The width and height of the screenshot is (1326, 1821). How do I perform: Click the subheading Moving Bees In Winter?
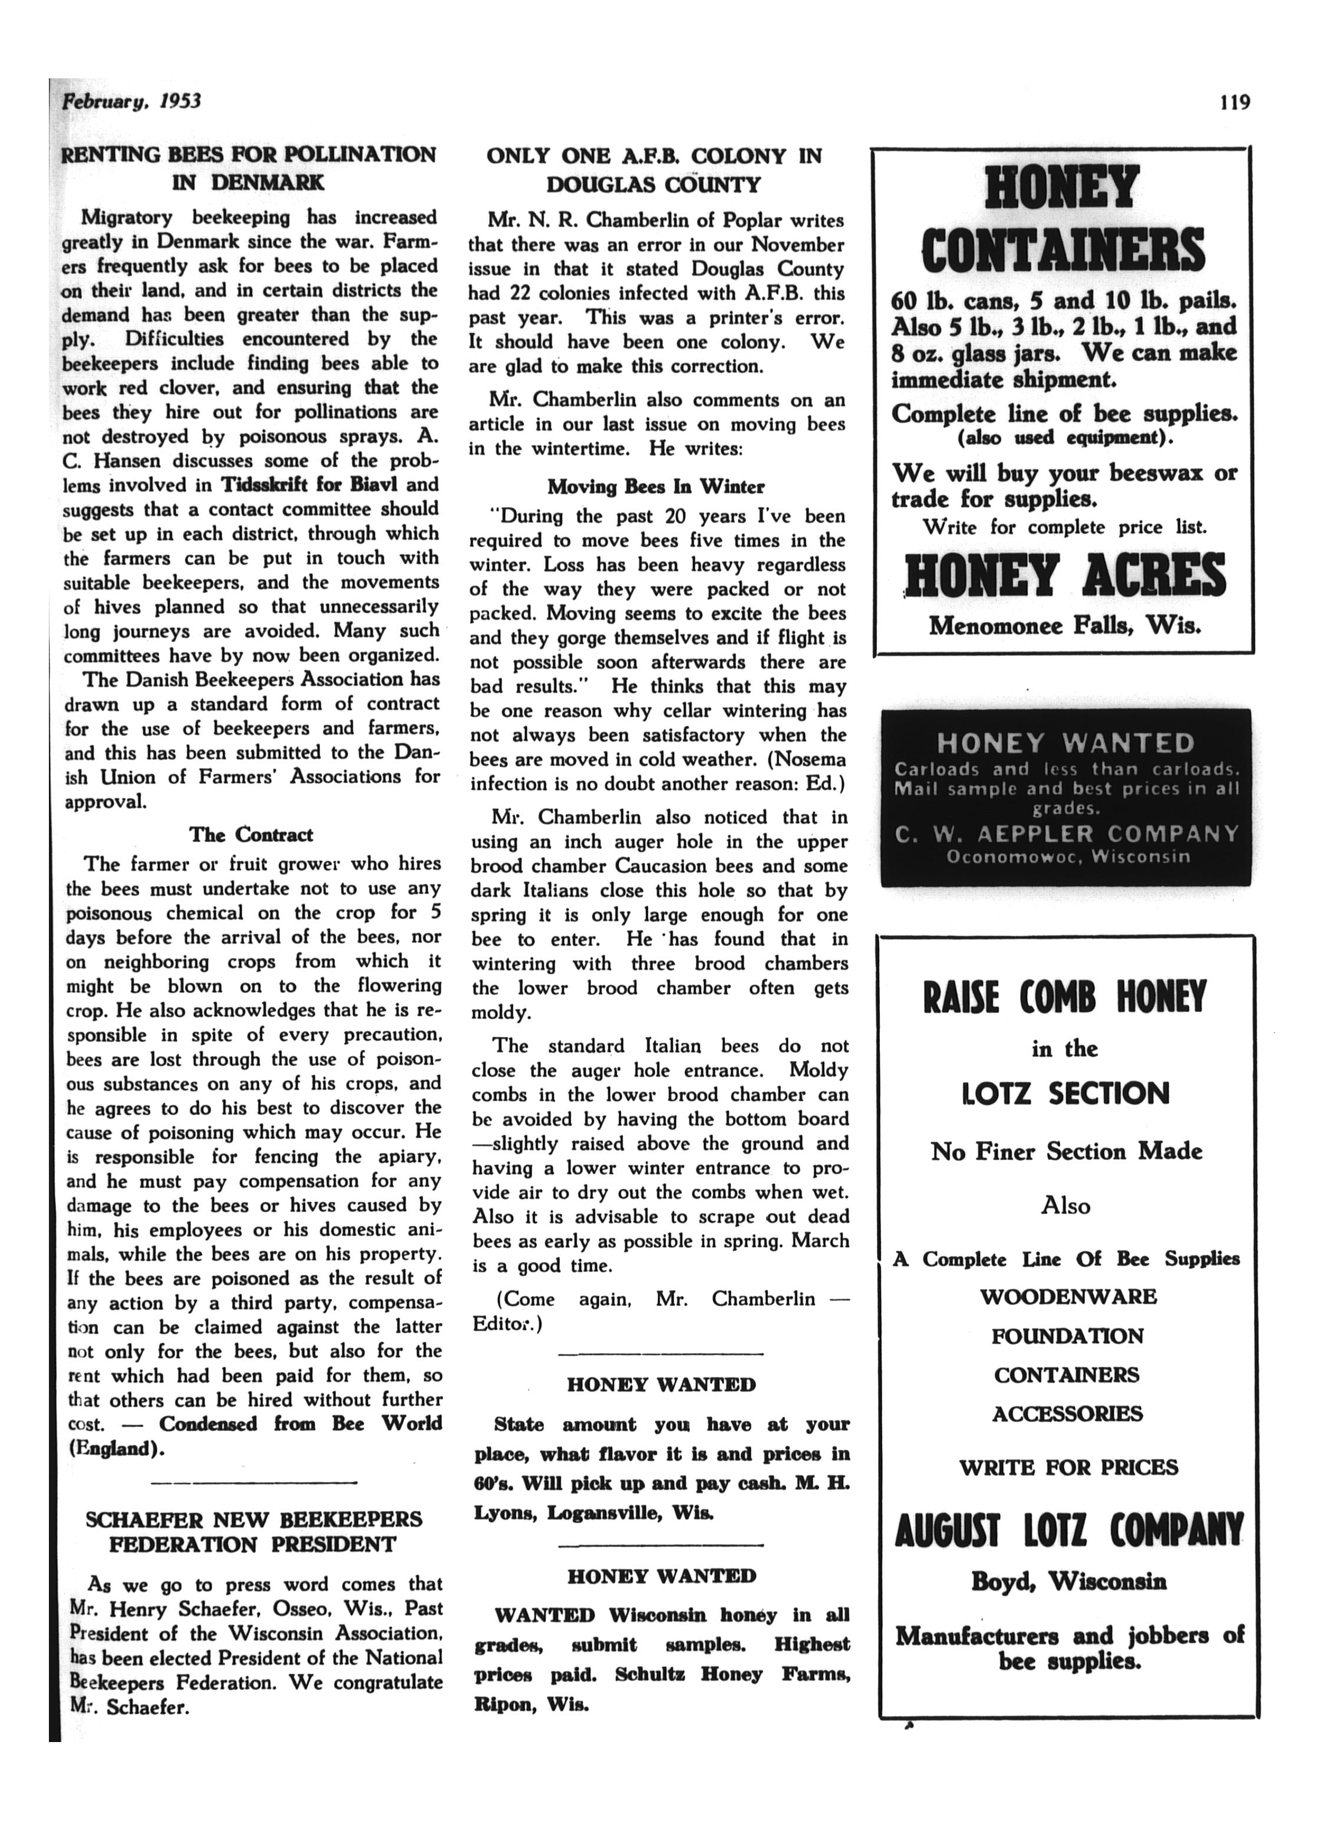click(655, 487)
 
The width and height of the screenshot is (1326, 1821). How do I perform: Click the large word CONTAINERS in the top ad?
click(1063, 250)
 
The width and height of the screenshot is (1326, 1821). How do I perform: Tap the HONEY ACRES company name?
click(1065, 576)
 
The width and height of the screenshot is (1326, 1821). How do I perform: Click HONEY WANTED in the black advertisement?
click(1065, 743)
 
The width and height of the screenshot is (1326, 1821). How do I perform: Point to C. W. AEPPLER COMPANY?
click(1067, 834)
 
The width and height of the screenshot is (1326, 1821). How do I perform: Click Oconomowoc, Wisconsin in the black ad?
click(1067, 857)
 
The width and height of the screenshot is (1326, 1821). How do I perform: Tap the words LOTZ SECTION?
click(1065, 1093)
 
